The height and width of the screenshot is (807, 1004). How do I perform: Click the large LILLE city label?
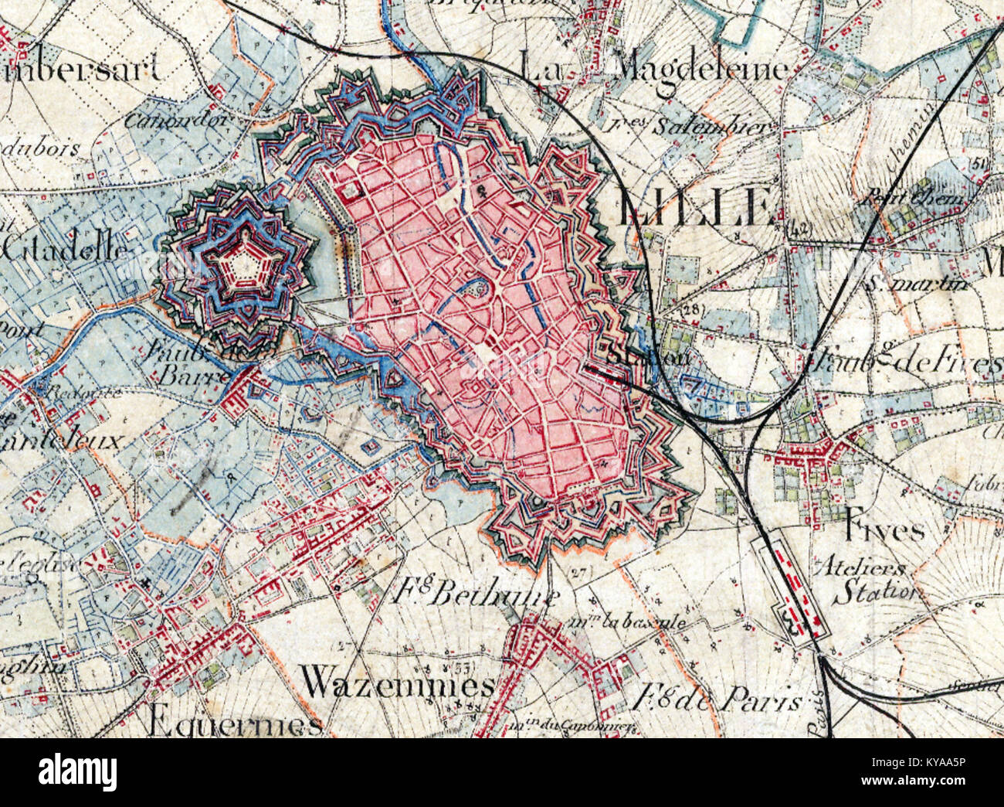point(695,208)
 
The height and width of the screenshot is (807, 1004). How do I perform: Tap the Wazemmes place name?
point(397,683)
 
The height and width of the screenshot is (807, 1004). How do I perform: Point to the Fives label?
point(884,530)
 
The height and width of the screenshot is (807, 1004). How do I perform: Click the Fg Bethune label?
point(476,595)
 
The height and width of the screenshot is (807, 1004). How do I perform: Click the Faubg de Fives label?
point(904,361)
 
